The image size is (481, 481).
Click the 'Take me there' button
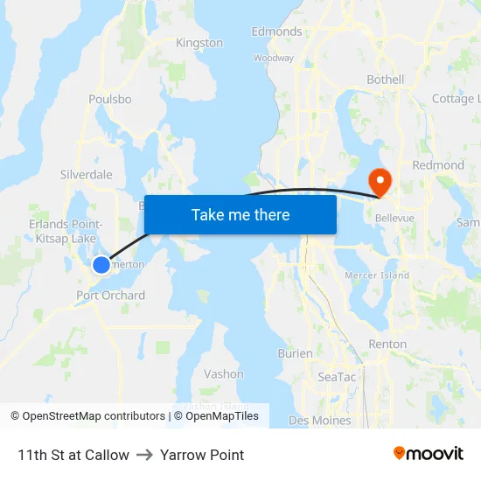click(240, 214)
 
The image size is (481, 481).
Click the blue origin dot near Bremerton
click(101, 264)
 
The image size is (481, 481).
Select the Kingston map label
click(199, 43)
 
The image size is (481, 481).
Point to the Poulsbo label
click(110, 100)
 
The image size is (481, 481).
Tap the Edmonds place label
click(276, 31)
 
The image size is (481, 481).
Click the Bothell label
click(386, 80)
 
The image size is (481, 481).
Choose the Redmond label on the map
click(438, 165)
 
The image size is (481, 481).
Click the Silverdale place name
click(86, 175)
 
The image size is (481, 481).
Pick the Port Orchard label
click(111, 296)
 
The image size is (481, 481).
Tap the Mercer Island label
click(377, 275)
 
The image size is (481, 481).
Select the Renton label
click(387, 345)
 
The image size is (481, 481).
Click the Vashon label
click(224, 374)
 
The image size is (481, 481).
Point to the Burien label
click(295, 354)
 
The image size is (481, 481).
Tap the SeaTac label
click(337, 377)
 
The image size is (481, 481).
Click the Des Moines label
click(319, 421)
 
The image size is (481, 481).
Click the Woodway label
click(274, 58)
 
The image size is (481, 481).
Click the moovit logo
click(429, 454)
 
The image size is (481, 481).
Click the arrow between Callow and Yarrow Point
click(144, 455)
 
